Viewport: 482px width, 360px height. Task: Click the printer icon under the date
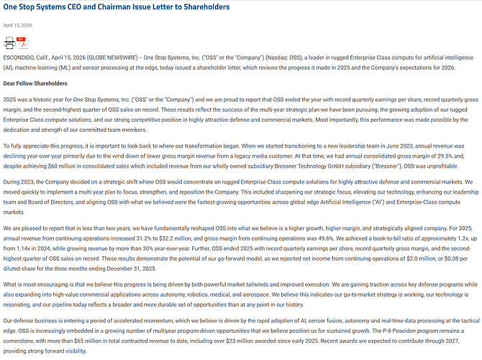(9, 42)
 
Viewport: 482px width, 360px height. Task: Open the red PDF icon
(23, 42)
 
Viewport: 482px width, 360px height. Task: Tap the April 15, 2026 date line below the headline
(17, 25)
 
